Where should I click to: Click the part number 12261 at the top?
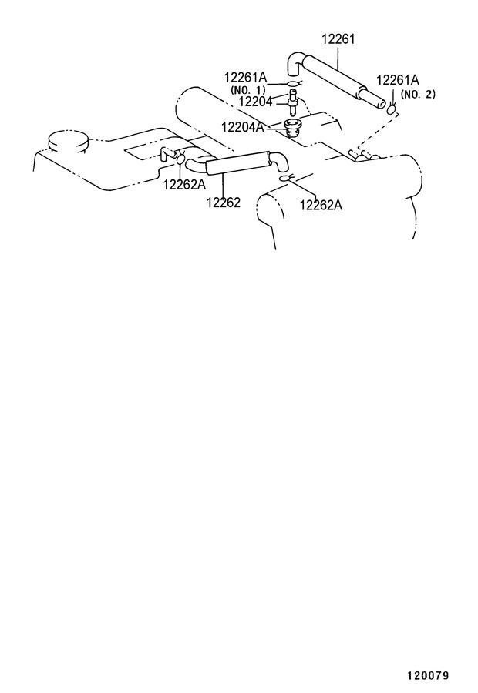pos(338,39)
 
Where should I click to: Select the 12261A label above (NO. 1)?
pos(246,78)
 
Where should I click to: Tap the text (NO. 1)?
pos(248,90)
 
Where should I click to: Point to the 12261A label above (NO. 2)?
pos(398,80)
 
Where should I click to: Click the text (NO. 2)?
pos(418,94)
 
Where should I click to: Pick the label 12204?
pos(255,102)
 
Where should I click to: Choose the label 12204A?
pos(243,127)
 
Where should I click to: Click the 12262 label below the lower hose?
pos(223,203)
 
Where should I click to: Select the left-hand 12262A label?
pos(184,184)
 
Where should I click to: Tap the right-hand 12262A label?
pos(321,205)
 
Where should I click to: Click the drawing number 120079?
pos(428,676)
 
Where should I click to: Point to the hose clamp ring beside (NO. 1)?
pos(293,85)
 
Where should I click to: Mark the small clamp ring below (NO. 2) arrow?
pos(391,110)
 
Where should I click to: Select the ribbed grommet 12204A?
pos(291,127)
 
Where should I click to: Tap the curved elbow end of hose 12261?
pos(295,64)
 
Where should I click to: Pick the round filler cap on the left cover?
pos(68,142)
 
